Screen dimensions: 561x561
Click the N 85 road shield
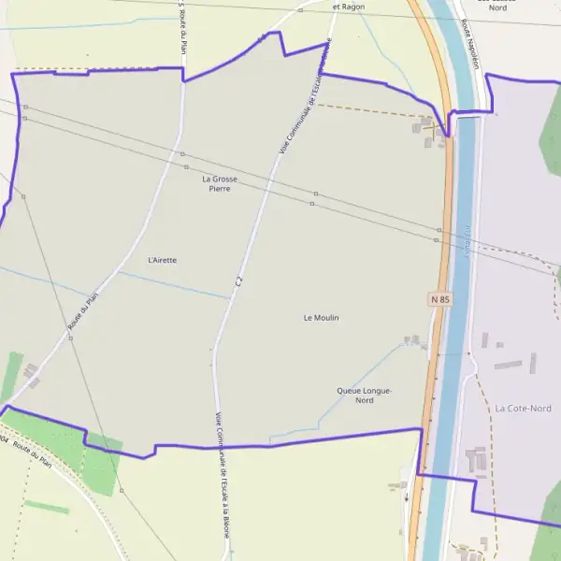440,299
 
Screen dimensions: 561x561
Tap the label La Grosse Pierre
220,183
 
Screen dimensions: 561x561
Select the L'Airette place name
163,260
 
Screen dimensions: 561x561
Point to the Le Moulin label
322,318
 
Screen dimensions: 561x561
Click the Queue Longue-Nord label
365,396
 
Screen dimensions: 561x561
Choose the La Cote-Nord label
524,409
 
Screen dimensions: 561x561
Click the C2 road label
240,280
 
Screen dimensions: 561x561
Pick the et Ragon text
349,7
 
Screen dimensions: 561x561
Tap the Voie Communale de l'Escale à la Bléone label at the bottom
222,474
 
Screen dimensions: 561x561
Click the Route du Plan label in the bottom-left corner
34,455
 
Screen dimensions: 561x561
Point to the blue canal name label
466,238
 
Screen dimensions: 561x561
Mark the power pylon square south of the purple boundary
122,490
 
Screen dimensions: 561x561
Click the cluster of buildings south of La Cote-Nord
475,459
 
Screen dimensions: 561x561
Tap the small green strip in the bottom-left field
47,508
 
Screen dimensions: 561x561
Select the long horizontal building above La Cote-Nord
509,364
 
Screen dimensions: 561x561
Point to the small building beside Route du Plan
31,372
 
